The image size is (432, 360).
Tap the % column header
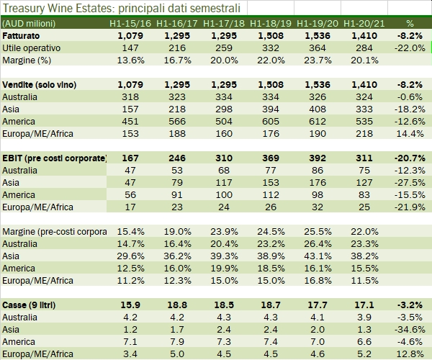click(410, 24)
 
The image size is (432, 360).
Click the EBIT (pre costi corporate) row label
click(55, 158)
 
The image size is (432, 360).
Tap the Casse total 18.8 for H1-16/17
click(176, 305)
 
